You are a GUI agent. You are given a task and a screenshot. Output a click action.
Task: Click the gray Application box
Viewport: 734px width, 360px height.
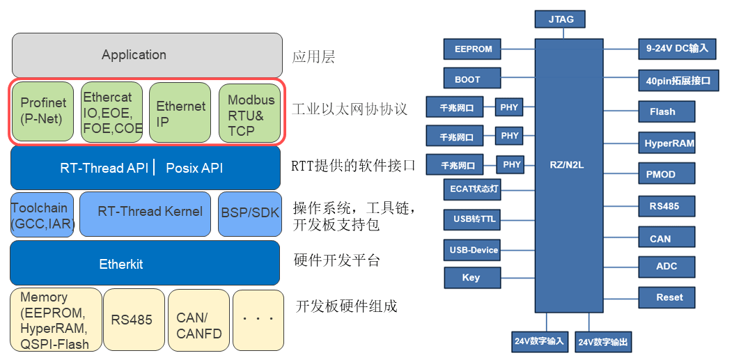pos(147,55)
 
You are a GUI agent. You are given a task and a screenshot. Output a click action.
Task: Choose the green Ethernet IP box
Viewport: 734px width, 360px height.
pos(180,112)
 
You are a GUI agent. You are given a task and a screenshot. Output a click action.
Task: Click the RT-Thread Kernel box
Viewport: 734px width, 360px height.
pos(145,214)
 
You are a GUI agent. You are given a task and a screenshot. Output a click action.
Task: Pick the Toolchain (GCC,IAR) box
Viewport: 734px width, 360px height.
pos(42,214)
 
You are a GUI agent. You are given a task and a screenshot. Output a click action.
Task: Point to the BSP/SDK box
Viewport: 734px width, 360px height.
pos(250,214)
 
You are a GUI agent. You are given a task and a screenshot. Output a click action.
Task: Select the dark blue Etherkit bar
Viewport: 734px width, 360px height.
pos(145,263)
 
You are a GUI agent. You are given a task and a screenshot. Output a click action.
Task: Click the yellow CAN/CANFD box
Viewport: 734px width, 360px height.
pos(198,320)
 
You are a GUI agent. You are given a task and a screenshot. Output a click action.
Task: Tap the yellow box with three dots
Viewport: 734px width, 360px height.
pos(258,320)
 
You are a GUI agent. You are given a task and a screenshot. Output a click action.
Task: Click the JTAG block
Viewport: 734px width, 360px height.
pos(561,20)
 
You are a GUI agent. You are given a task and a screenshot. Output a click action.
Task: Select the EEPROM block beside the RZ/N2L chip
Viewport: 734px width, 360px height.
pos(472,49)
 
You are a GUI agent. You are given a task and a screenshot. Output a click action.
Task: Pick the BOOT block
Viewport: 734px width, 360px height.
pos(472,78)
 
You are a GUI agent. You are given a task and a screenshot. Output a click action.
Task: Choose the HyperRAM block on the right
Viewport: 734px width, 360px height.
pos(666,142)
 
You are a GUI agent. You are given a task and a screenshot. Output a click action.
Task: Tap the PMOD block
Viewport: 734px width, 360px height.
pos(666,174)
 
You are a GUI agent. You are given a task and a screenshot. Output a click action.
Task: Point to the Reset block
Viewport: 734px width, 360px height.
pos(666,297)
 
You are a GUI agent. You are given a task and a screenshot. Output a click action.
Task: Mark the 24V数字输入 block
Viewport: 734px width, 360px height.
pos(540,341)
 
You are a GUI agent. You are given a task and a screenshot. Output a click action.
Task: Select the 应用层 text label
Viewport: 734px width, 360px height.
pos(313,56)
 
